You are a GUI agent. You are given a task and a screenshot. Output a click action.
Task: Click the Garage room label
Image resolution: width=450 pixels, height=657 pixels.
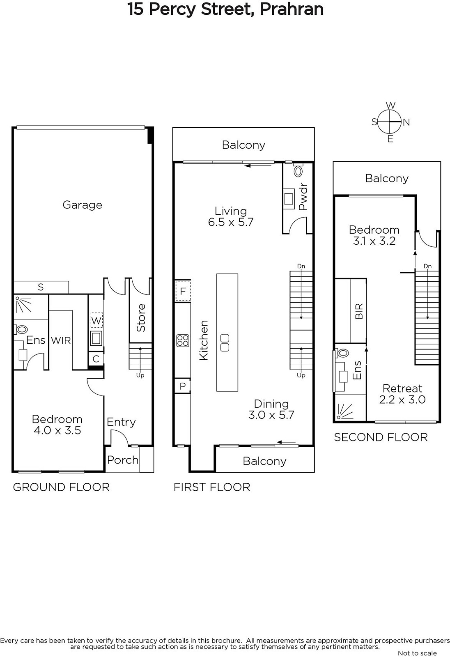point(82,205)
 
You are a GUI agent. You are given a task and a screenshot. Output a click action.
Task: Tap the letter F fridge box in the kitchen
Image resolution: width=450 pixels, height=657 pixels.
point(183,291)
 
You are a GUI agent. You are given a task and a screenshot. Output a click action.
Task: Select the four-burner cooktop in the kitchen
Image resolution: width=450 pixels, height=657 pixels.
point(183,340)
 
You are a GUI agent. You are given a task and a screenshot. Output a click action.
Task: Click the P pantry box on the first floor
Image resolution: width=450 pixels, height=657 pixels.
point(182,386)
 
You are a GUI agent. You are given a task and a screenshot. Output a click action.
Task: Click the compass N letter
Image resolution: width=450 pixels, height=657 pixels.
point(406,122)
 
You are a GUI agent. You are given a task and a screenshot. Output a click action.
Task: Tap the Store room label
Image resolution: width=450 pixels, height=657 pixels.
point(141,318)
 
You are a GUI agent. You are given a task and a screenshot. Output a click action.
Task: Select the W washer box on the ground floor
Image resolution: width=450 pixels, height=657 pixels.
point(96,321)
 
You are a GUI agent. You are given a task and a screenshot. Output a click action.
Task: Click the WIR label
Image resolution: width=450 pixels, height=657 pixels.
point(61,340)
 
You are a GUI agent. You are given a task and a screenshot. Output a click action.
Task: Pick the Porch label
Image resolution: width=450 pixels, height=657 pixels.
point(123,459)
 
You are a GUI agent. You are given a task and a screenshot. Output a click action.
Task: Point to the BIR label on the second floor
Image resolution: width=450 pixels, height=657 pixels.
point(359,311)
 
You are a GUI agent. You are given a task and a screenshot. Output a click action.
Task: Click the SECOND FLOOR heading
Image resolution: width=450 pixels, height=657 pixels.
point(381,437)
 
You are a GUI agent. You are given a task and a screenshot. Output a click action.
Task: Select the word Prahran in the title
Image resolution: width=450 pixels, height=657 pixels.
point(292,9)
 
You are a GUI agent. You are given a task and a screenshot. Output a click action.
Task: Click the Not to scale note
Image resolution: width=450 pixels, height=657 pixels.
point(417,653)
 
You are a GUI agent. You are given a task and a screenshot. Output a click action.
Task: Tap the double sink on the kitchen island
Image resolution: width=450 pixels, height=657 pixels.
point(225,342)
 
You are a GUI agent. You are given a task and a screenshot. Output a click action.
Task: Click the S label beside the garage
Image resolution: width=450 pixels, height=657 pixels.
point(41,287)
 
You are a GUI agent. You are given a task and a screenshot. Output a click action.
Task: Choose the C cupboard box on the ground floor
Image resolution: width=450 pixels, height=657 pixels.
point(96,358)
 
